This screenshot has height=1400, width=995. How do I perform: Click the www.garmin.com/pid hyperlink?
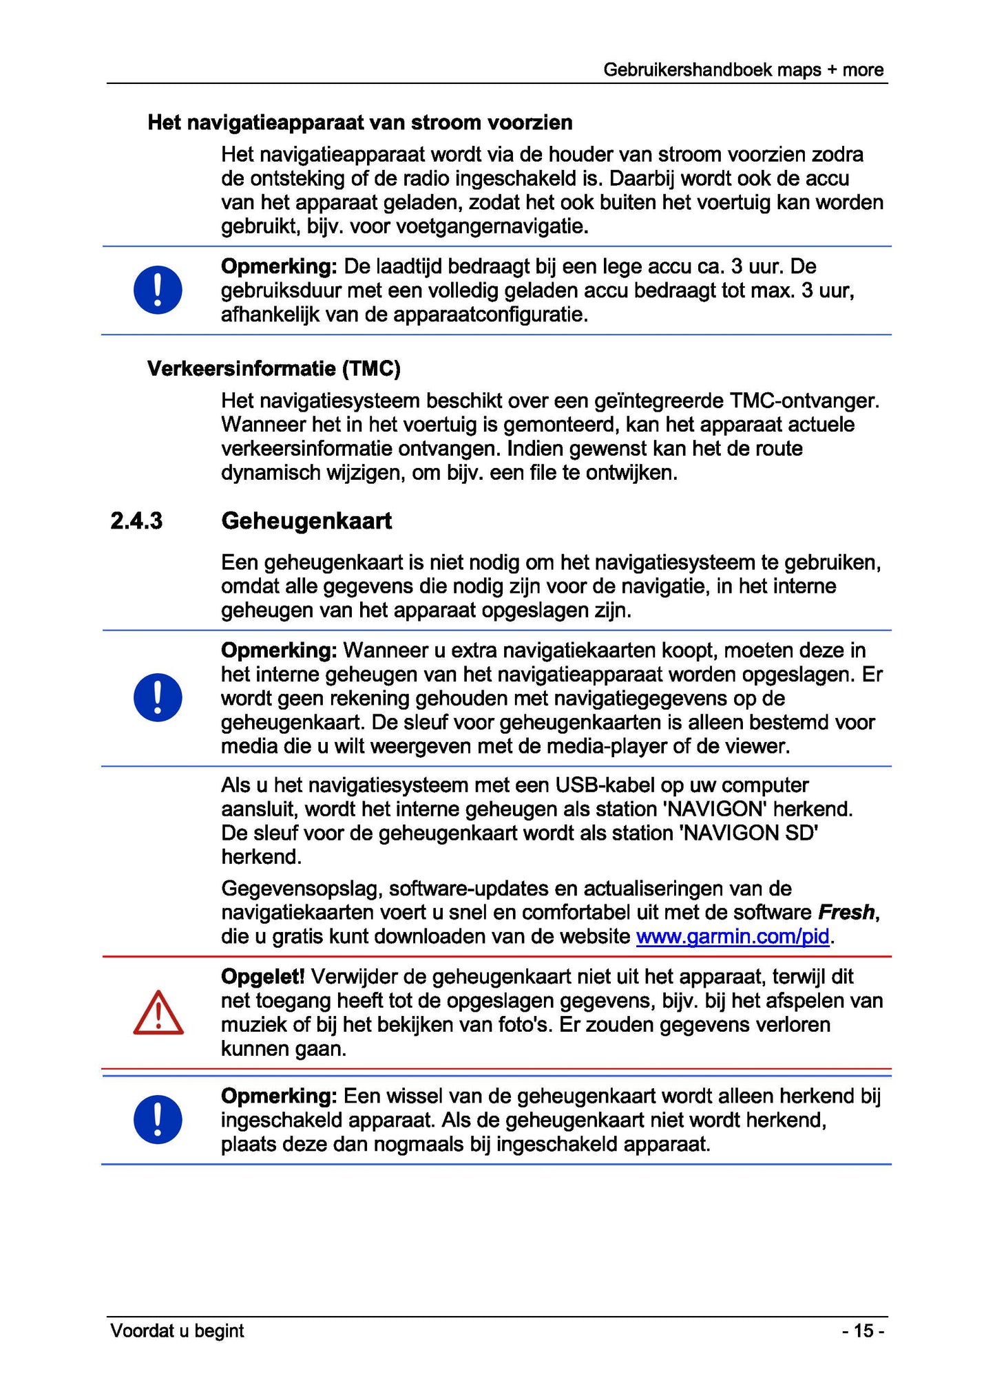coord(732,937)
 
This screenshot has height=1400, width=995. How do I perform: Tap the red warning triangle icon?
coord(158,1013)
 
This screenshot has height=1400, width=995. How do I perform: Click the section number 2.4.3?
coord(136,521)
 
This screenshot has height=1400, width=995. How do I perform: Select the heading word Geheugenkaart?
coord(306,521)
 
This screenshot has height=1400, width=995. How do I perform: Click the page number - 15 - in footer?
coord(863,1330)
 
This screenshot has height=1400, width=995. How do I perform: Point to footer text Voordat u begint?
coord(177,1330)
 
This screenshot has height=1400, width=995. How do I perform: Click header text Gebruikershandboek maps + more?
coord(743,70)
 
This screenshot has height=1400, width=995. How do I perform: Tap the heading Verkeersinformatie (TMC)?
coord(273,369)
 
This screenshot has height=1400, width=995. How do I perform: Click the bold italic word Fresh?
coord(846,913)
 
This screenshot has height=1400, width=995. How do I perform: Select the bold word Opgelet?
coord(262,976)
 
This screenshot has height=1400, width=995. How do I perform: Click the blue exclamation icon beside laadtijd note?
coord(158,290)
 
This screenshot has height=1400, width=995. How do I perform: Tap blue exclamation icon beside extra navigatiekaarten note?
coord(158,697)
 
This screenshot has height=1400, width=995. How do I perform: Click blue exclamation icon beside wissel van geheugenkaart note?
coord(158,1119)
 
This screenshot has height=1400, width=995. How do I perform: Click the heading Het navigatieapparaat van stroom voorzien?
coord(360,123)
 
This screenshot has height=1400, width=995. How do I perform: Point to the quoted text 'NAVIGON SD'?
coord(748,834)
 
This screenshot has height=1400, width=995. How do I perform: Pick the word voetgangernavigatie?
coord(492,226)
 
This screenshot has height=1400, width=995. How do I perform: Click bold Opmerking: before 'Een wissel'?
coord(279,1096)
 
